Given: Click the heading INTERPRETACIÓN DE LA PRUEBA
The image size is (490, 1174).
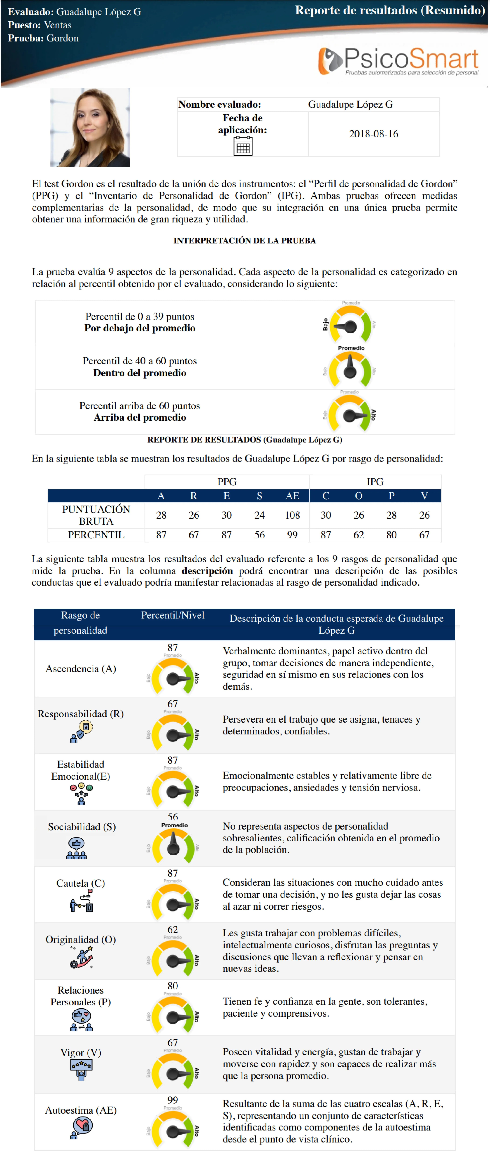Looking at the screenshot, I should [x=245, y=241].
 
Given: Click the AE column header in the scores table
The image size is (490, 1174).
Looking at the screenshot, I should [x=292, y=496].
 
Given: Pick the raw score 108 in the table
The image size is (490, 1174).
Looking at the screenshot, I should [x=292, y=515].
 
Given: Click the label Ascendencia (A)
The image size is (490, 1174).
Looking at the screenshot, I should [x=81, y=669].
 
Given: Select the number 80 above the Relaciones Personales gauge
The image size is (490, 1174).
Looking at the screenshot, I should [x=172, y=986].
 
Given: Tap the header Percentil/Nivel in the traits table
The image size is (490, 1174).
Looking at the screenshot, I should [x=172, y=615].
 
